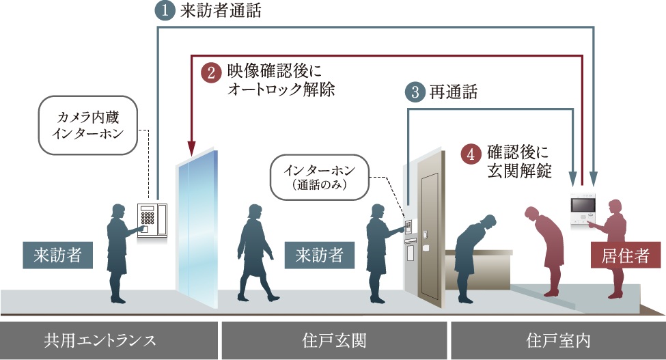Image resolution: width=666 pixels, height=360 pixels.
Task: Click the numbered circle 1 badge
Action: coord(166,10)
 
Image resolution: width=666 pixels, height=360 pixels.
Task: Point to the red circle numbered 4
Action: coord(470,154)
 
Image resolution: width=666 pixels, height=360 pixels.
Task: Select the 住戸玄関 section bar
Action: coord(333,339)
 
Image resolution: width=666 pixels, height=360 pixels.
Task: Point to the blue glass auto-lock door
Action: coord(198,225)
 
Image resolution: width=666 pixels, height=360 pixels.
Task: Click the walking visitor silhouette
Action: coord(256,253)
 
